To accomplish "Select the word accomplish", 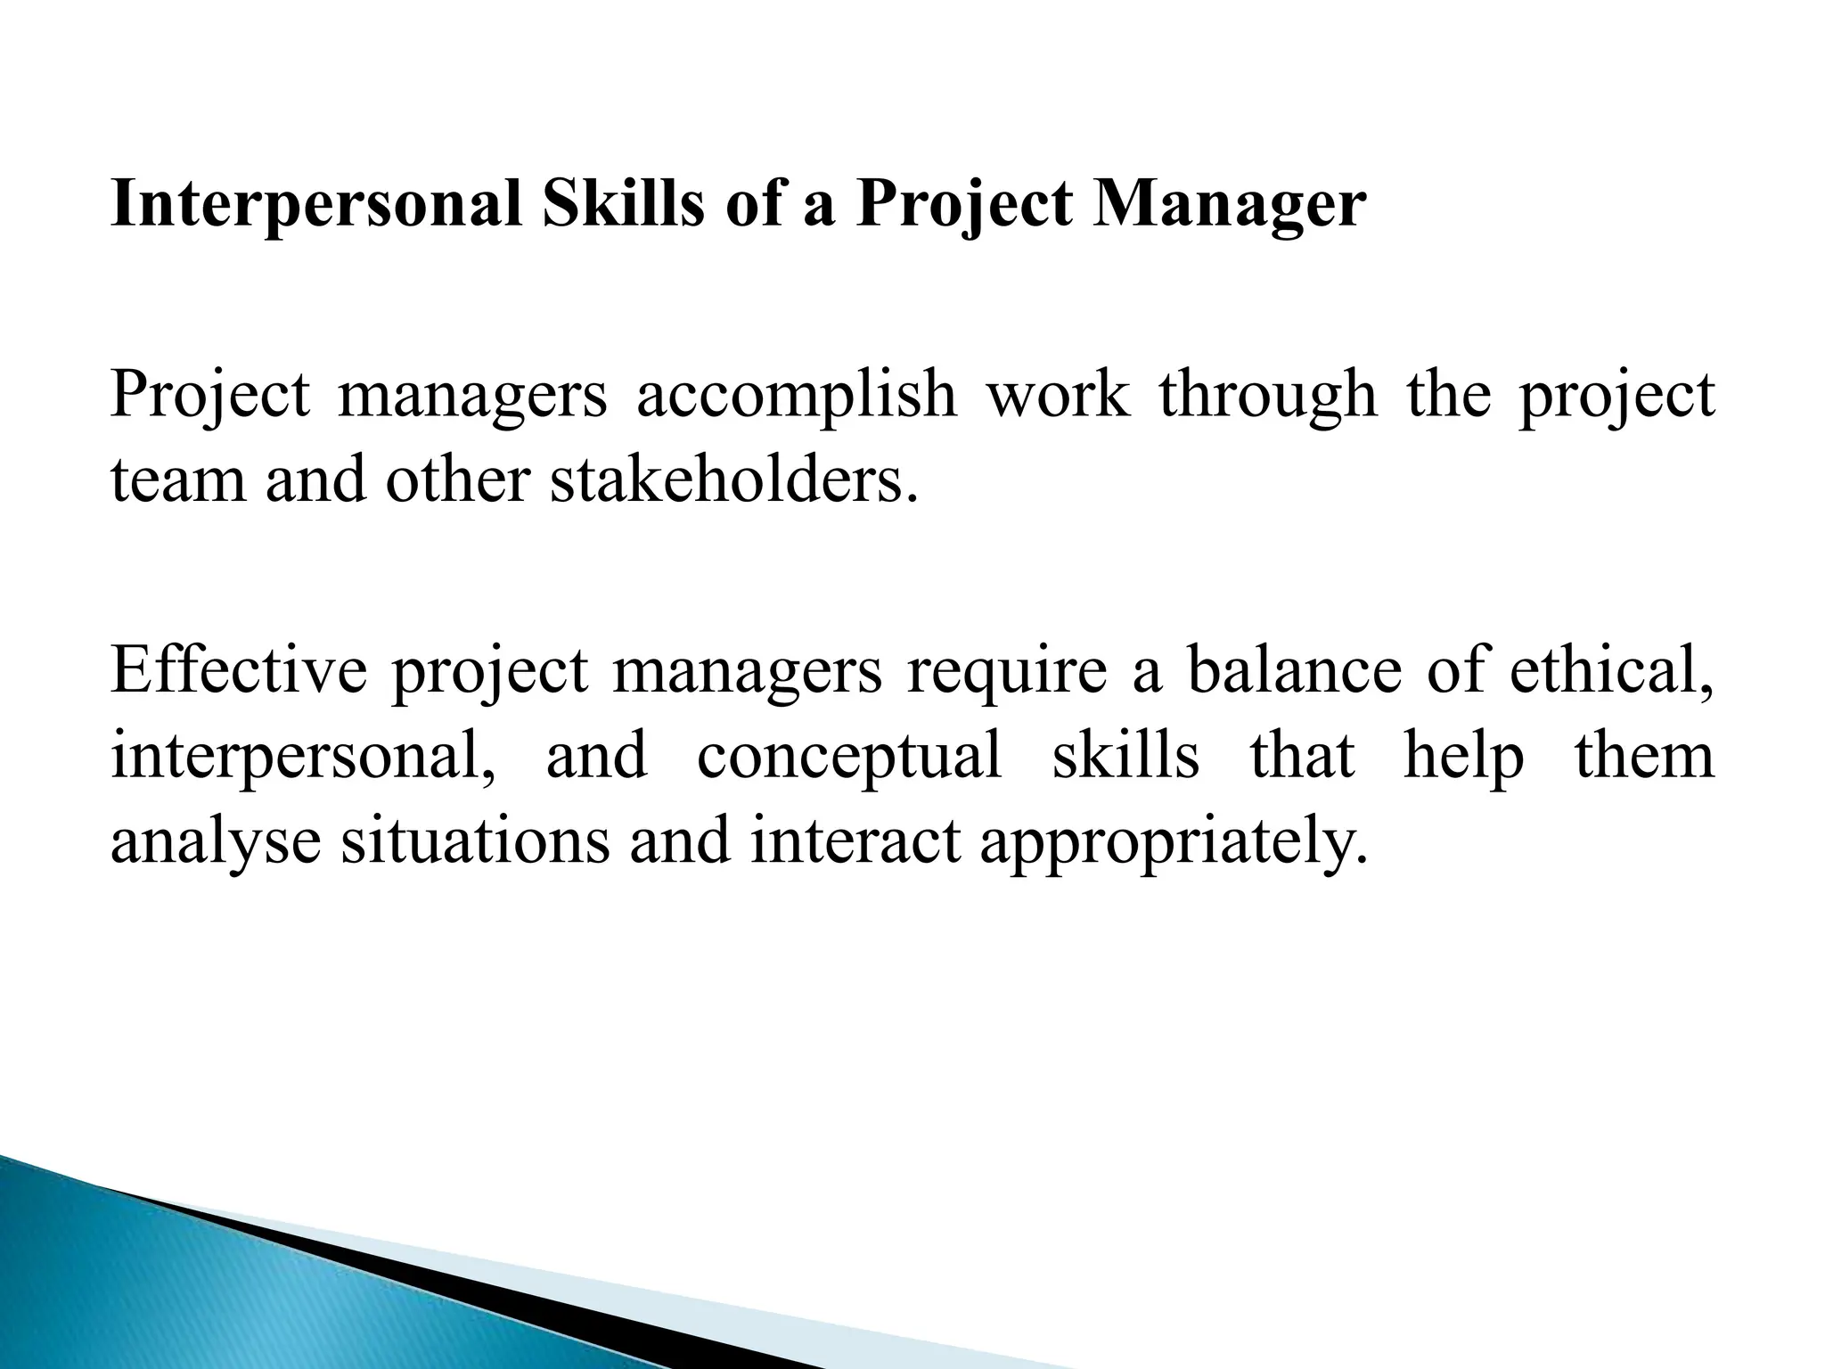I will point(796,395).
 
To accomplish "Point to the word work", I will point(1057,395).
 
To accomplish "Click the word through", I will point(1268,397).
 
